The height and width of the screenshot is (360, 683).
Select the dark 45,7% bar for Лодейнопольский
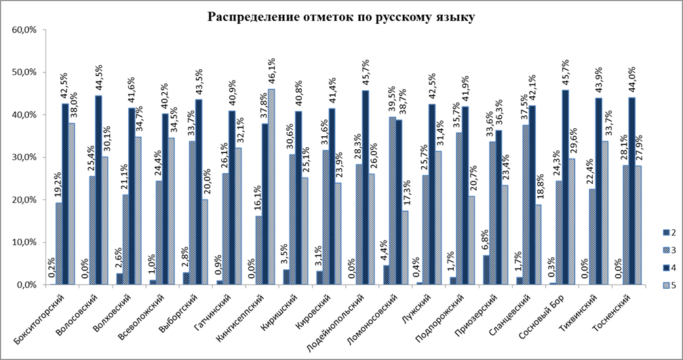(364, 188)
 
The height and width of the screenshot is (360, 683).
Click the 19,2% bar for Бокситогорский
(58, 244)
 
